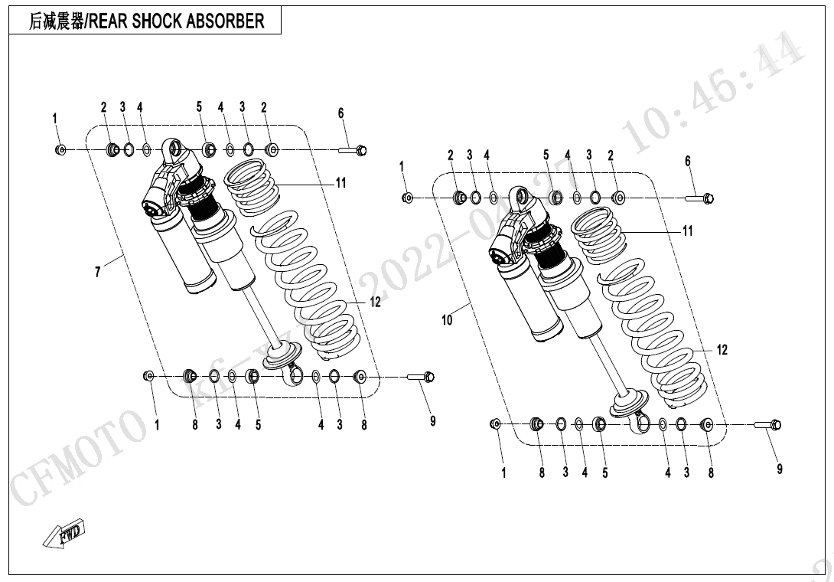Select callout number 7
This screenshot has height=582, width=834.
click(98, 271)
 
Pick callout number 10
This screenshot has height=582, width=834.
click(448, 319)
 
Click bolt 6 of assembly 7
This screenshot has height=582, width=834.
click(353, 149)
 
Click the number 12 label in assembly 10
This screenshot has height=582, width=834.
click(722, 350)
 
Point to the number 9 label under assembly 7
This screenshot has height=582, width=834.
click(432, 421)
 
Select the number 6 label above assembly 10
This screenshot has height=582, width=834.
click(687, 161)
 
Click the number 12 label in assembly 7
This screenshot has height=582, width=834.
click(375, 302)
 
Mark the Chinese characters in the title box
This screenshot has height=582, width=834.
click(57, 21)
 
